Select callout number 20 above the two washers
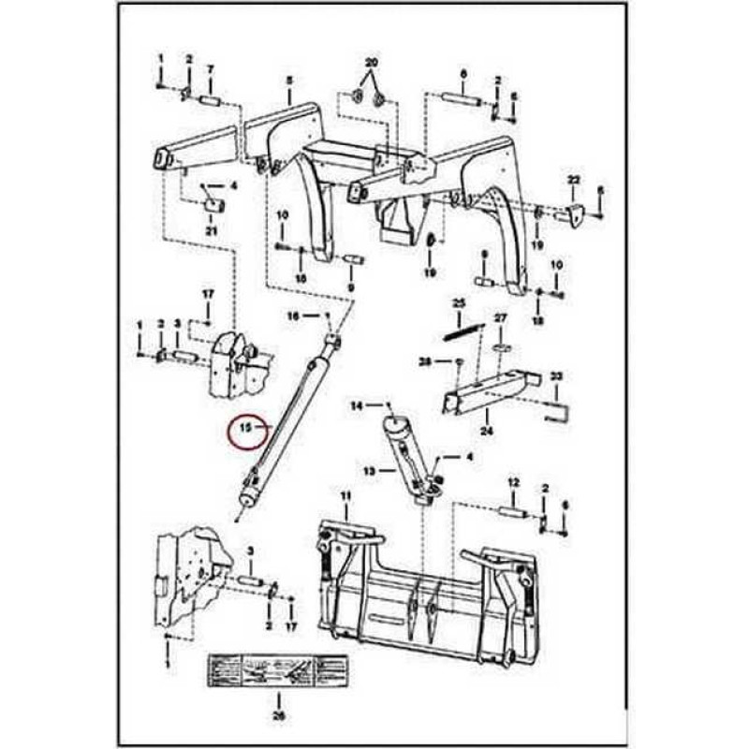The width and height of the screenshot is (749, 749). coord(371,64)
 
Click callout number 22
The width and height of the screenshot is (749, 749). coord(574,179)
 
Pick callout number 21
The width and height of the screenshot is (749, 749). coord(211,230)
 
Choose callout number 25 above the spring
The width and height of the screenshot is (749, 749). coord(459,303)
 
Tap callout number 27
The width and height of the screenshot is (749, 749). coord(501,318)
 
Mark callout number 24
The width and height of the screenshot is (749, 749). coord(486,433)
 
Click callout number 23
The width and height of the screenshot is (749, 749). coord(556,376)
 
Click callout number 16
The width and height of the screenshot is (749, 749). coord(293,316)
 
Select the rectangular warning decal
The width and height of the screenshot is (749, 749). coord(277,670)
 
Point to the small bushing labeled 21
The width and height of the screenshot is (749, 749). coord(213,205)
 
